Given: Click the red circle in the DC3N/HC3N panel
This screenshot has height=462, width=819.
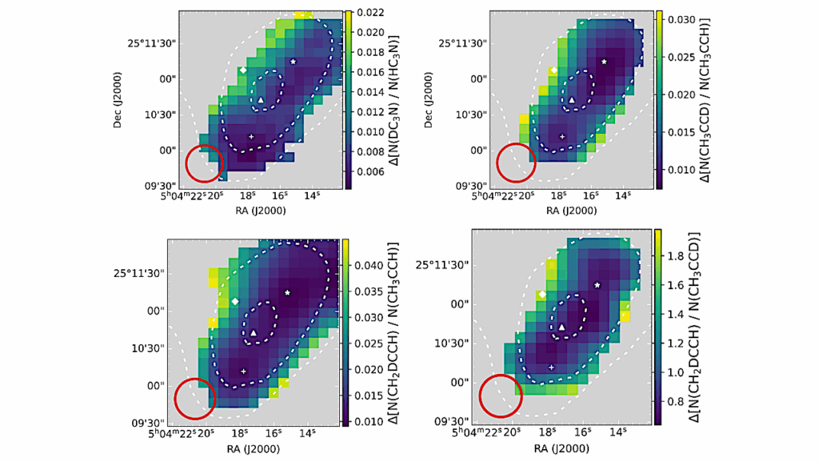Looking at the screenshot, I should pyautogui.click(x=204, y=163).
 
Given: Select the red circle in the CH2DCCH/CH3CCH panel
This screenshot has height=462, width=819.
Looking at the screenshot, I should pyautogui.click(x=195, y=398).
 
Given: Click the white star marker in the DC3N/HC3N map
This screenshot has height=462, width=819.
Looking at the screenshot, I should pyautogui.click(x=294, y=62).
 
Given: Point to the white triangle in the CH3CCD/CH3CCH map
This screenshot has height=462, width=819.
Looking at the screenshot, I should pyautogui.click(x=571, y=99).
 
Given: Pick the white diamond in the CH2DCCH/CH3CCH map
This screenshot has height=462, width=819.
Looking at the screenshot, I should pyautogui.click(x=235, y=301).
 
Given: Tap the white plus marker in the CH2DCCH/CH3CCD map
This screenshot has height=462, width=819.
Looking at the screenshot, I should pyautogui.click(x=551, y=367).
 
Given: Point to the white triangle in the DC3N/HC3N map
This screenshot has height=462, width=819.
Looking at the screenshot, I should pyautogui.click(x=261, y=98).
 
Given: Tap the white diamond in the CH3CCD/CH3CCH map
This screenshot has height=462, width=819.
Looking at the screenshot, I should pyautogui.click(x=553, y=70).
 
